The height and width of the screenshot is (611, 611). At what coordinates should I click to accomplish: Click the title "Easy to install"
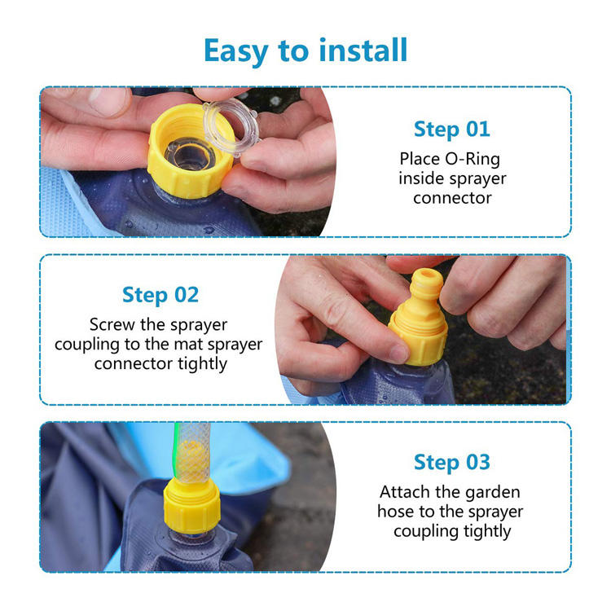pos(305,51)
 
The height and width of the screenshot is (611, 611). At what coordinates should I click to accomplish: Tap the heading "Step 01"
pos(451,130)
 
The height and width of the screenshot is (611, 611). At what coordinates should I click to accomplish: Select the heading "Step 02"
pos(160,295)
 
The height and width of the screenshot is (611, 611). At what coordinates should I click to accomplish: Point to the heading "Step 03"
pos(451,463)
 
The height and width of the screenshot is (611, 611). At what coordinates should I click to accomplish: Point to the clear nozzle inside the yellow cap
pos(189,153)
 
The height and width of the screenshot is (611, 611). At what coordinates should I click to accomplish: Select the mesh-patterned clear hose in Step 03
pos(192,453)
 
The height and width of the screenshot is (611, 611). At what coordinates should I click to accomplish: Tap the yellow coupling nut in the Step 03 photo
pos(192,506)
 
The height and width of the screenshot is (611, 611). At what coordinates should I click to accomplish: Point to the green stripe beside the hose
pos(176,452)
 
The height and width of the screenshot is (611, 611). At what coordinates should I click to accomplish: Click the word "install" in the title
pos(363,50)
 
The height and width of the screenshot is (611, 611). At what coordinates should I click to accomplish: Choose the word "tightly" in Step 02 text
pos(203,365)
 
